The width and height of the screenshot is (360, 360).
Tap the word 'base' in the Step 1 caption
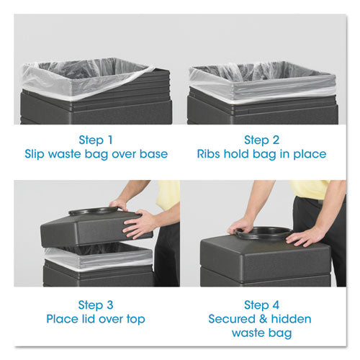(x=154, y=154)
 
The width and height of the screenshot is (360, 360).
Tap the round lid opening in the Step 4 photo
(x=264, y=233)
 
